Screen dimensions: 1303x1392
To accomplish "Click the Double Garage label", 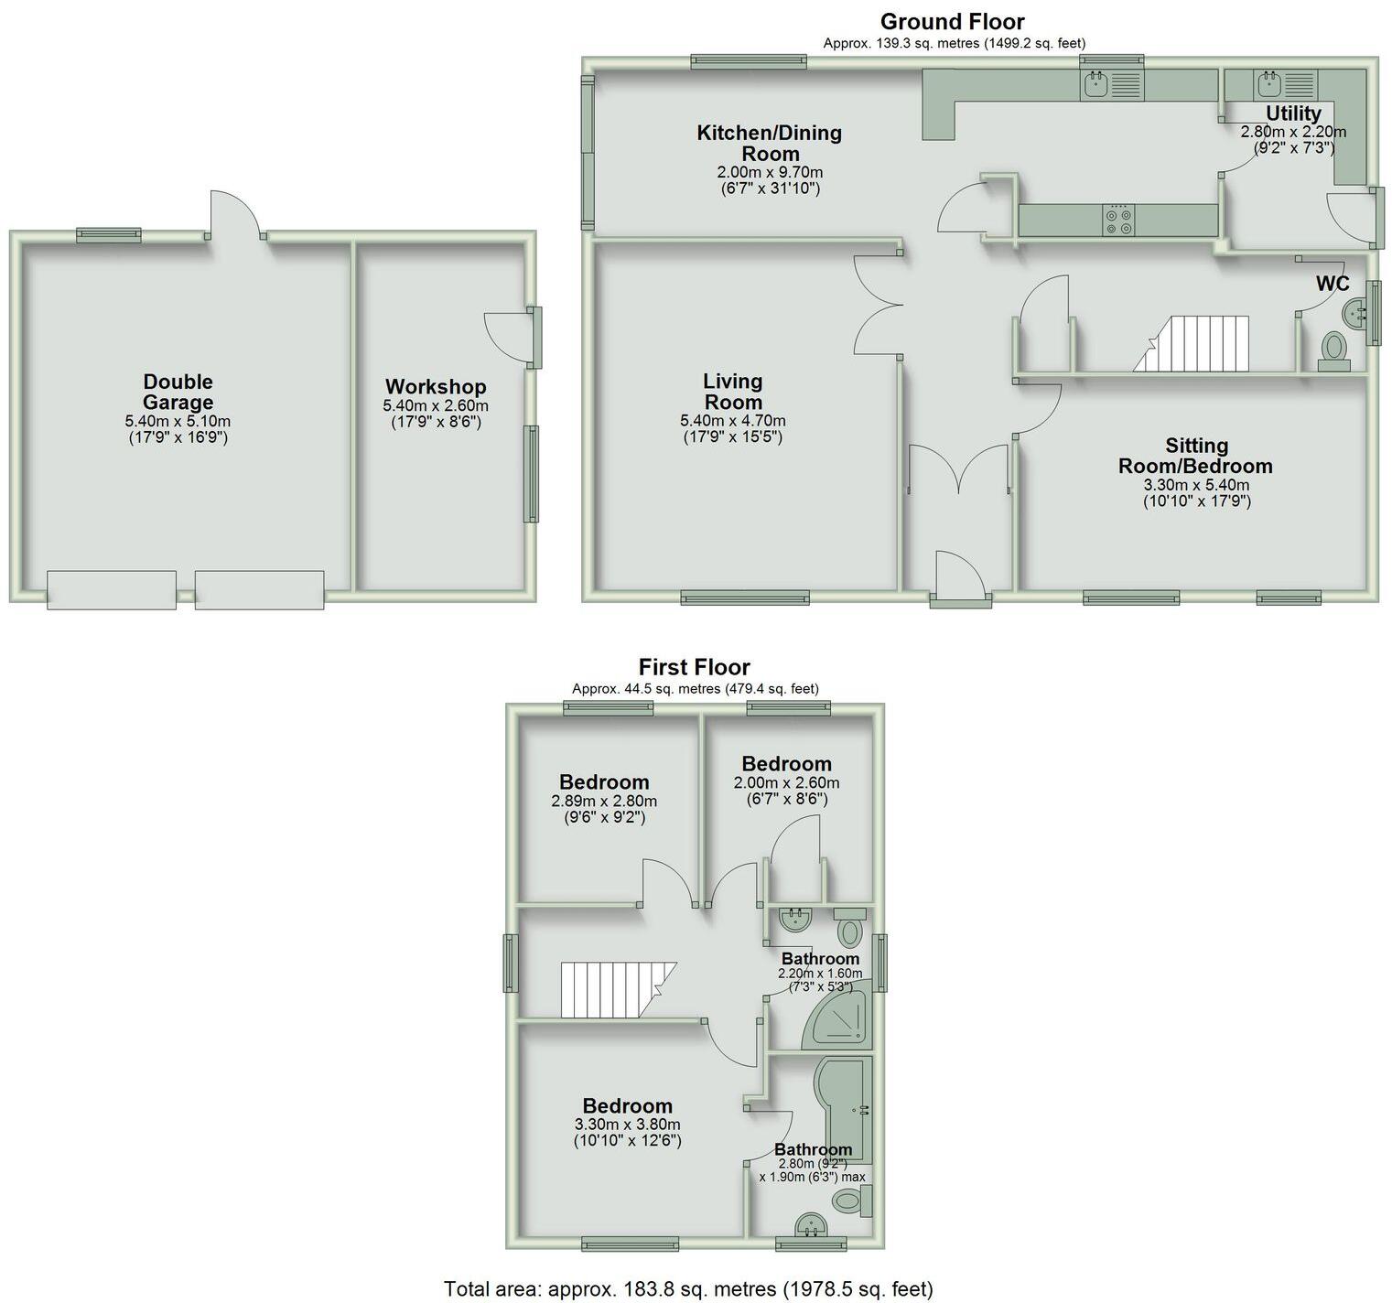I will [178, 392].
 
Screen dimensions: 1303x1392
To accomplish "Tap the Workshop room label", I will [435, 387].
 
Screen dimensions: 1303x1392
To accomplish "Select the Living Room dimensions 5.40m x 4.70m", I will [732, 421].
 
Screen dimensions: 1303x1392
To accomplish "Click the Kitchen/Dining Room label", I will [769, 143].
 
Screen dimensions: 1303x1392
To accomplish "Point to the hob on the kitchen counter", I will [1118, 220].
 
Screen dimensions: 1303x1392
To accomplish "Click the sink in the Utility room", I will [1268, 85].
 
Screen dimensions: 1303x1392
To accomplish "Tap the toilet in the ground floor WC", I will [1333, 350].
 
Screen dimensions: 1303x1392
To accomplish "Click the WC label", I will [1333, 284].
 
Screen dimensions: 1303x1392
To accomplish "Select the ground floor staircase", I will [1193, 344].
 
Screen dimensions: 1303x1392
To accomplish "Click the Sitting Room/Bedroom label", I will [1195, 456].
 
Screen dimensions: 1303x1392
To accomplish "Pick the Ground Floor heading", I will [952, 22].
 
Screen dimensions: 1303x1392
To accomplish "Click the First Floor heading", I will [694, 667].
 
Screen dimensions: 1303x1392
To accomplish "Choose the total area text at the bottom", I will [688, 1288].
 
